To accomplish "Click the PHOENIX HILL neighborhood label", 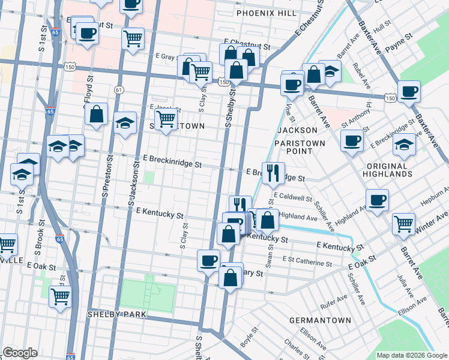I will (266, 13).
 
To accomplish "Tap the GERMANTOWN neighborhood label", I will (320, 320).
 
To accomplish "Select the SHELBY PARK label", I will (116, 314).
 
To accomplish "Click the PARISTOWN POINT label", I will (300, 147).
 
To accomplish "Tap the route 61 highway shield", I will (119, 89).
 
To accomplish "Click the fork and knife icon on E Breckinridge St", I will (273, 173).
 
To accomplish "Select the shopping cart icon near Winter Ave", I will (403, 224).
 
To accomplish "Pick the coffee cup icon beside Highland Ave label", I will (376, 200).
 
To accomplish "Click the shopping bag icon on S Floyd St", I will (96, 114).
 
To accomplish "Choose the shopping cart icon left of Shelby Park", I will (60, 296).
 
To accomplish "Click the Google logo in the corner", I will (20, 353).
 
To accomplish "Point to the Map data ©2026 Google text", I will (411, 355).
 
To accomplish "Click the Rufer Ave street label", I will (333, 297).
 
